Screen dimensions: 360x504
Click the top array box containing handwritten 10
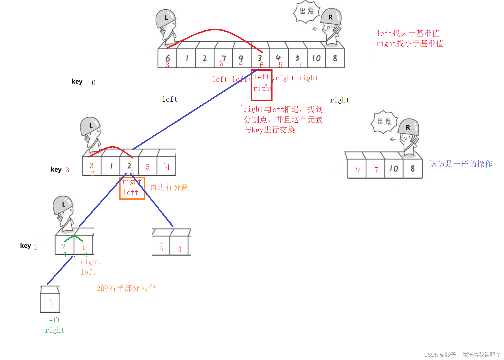coord(316,58)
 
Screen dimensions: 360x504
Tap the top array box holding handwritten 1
coord(186,58)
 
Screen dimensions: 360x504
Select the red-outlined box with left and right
coord(261,85)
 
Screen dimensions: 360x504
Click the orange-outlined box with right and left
coord(132,188)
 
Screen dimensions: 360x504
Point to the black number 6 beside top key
coord(94,83)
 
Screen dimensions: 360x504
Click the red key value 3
coord(67,170)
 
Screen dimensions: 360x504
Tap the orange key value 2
coord(36,247)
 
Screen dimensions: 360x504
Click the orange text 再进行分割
coord(169,187)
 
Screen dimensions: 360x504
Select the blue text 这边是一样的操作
coord(461,164)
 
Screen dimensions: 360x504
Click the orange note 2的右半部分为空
coord(126,288)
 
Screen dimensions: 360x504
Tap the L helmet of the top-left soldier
coord(166,18)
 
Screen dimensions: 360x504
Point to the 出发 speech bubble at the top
coord(307,11)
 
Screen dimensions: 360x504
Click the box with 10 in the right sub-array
coord(394,169)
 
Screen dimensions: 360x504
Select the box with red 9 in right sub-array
coord(357,169)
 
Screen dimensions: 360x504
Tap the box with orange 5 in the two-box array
coord(161,246)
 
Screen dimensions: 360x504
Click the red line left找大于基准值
coord(408,33)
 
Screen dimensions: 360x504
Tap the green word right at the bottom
coord(55,330)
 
